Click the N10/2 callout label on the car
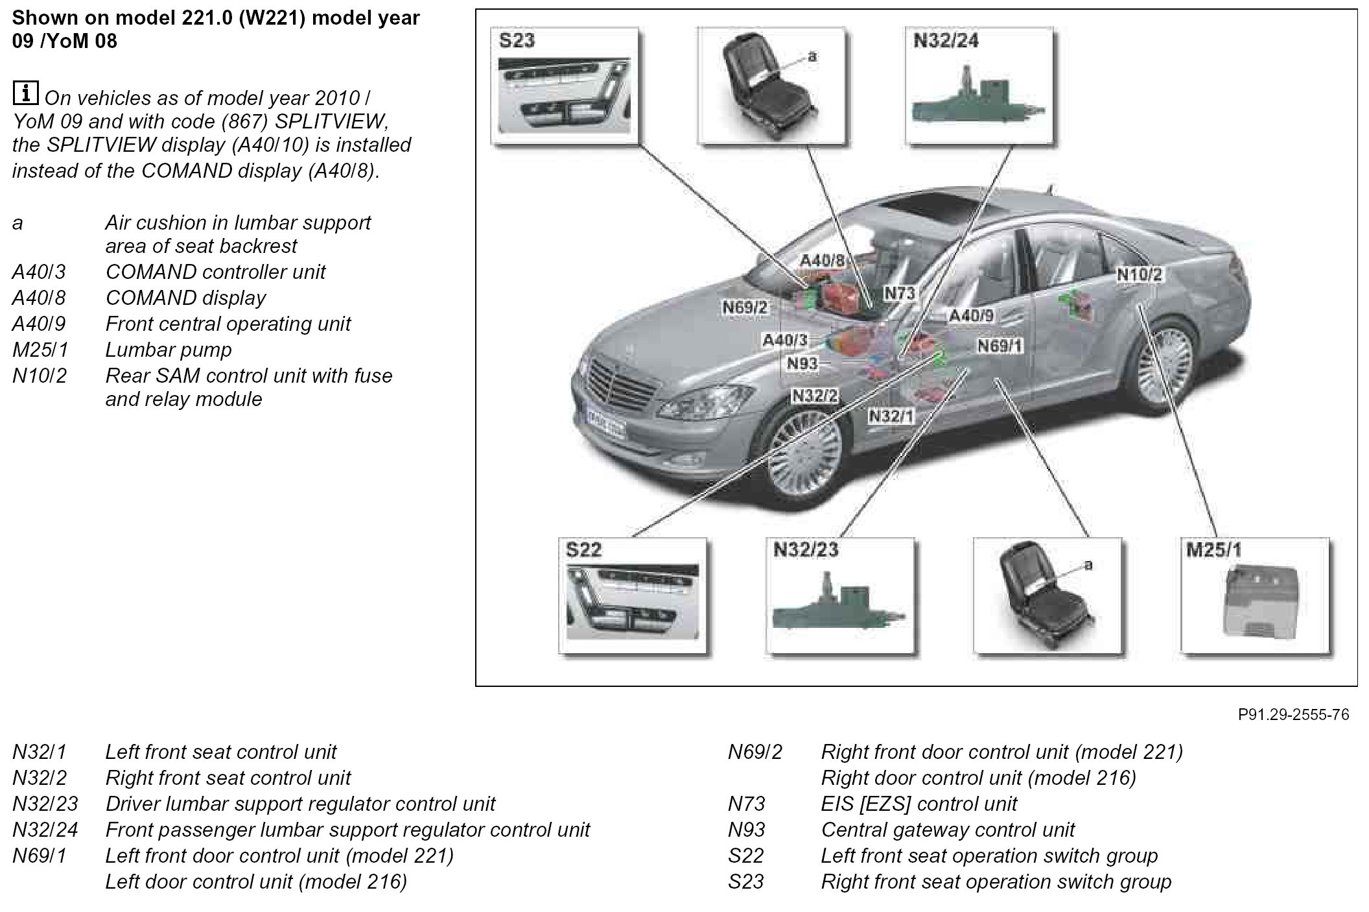[x=1140, y=274]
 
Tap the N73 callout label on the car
[x=900, y=294]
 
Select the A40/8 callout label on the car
[x=823, y=261]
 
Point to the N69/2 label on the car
[x=745, y=307]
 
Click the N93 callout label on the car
[x=802, y=364]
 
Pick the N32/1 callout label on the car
[x=891, y=416]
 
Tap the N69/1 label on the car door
[x=1000, y=346]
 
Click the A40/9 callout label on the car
[x=971, y=316]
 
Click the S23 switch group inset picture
[x=564, y=86]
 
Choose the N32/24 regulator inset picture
[x=979, y=86]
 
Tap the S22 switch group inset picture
[x=632, y=597]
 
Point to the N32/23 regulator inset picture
[x=840, y=597]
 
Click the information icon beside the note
[x=25, y=93]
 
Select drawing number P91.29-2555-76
[x=1293, y=714]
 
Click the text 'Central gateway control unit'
[x=948, y=830]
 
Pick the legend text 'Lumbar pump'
[x=169, y=350]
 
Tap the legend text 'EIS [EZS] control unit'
[x=919, y=804]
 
